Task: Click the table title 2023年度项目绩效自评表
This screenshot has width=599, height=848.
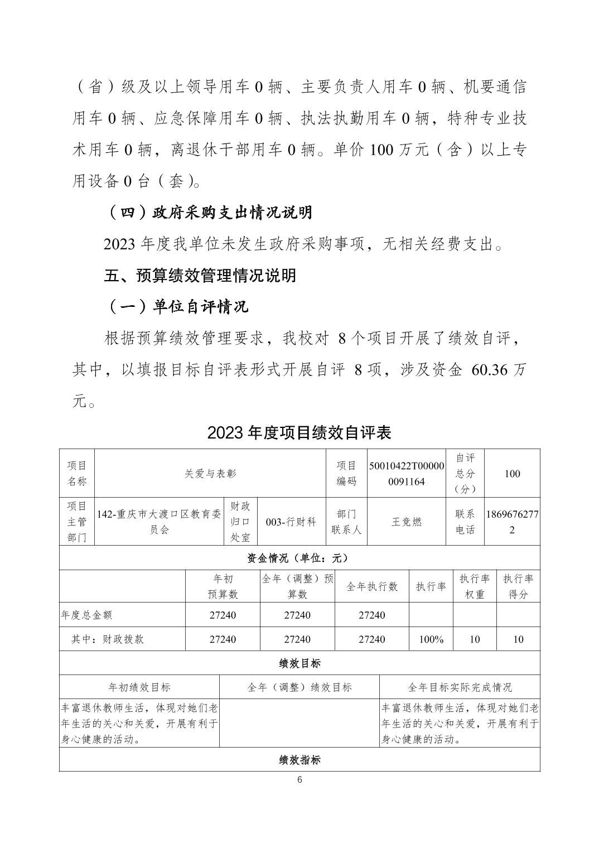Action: pos(299,432)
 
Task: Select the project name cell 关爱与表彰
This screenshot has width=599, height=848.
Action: pos(210,474)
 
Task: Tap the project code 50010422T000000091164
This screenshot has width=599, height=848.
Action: pos(407,474)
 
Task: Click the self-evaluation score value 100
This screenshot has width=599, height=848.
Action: pos(511,474)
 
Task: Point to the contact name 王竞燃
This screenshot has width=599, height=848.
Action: pos(407,522)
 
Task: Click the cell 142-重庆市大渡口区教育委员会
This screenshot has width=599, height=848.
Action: pos(159,522)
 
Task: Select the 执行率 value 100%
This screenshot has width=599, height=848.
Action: pos(431,639)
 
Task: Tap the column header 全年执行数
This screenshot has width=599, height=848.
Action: pos(372,586)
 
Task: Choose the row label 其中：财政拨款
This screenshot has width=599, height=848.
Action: pos(107,639)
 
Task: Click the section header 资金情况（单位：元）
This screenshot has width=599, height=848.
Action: pos(299,558)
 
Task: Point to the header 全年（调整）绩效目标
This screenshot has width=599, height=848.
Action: pos(299,687)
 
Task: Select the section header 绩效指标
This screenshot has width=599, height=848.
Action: pos(299,760)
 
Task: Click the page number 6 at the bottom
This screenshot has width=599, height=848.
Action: pos(299,780)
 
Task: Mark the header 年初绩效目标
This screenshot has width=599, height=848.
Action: pos(139,687)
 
